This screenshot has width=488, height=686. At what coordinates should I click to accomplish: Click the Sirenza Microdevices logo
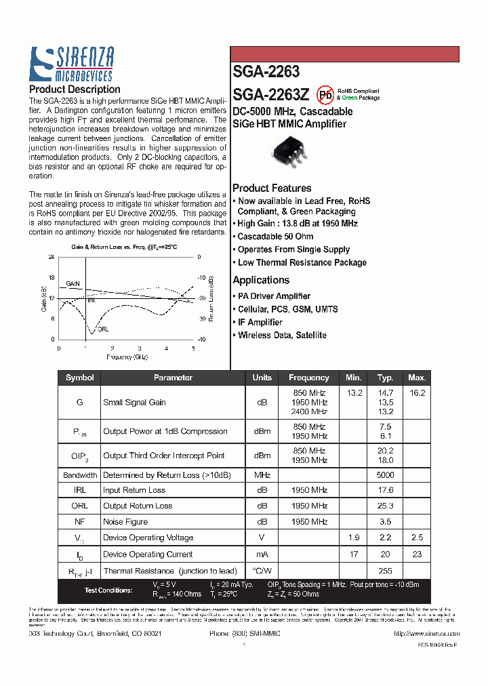[x=71, y=64]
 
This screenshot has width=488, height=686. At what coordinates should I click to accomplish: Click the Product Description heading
[x=75, y=89]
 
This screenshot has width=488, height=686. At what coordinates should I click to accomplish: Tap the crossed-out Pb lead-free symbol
[x=326, y=94]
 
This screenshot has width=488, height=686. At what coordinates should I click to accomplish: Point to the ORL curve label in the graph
[x=102, y=329]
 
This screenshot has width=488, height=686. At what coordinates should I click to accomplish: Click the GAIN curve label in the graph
[x=73, y=284]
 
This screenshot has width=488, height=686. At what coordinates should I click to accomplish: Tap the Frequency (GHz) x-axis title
[x=127, y=357]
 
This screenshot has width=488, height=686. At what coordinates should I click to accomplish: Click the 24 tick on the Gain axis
[x=52, y=258]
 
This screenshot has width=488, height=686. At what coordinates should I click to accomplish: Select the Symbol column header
[x=79, y=378]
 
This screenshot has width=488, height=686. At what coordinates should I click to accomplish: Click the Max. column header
[x=417, y=378]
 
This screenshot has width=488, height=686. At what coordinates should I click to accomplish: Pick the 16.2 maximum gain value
[x=417, y=393]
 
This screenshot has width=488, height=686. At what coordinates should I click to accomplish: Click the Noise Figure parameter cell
[x=125, y=522]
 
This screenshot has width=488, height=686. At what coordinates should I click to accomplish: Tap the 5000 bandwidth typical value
[x=385, y=475]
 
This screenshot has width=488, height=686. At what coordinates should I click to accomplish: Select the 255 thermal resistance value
[x=385, y=571]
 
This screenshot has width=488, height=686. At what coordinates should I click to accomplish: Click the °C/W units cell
[x=262, y=571]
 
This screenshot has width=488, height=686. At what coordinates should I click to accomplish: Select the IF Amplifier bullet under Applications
[x=260, y=322]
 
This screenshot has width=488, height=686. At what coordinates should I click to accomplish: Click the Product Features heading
[x=272, y=188]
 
